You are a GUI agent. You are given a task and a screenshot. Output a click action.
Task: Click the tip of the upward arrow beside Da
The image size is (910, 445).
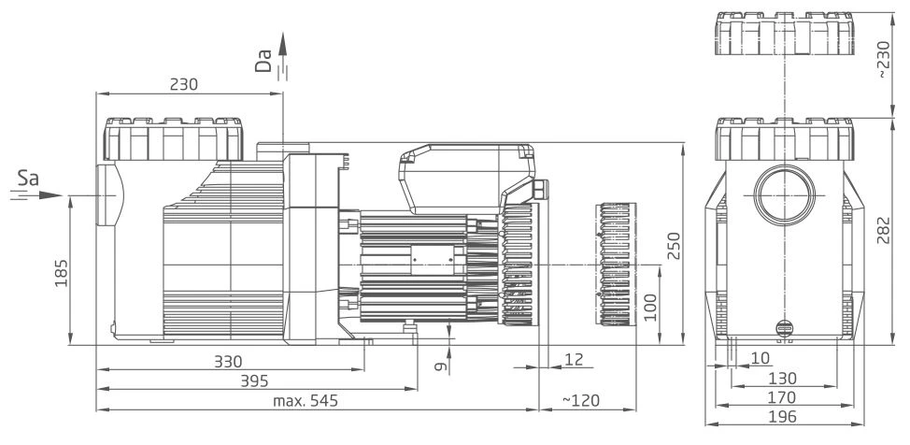click(x=283, y=33)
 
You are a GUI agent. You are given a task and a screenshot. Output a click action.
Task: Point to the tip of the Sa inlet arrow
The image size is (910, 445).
click(x=63, y=195)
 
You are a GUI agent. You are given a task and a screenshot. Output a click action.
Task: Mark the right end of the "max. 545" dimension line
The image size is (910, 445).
click(x=539, y=409)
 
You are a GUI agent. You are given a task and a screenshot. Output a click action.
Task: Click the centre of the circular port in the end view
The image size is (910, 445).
click(x=784, y=194)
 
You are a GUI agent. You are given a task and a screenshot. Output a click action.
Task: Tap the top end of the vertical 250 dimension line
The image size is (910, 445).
click(x=682, y=143)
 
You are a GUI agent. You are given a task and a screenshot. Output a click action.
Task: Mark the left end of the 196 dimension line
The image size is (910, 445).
click(x=705, y=424)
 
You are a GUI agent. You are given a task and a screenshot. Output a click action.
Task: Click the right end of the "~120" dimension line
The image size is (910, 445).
click(x=636, y=409)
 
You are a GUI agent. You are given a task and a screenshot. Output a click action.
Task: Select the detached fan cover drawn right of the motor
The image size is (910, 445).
click(x=617, y=265)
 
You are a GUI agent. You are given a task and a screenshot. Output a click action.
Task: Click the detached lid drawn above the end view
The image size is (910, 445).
click(x=784, y=33)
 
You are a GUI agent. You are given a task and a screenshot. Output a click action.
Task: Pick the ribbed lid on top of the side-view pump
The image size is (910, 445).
click(x=173, y=139)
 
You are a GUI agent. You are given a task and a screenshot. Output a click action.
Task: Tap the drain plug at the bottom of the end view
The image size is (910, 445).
click(x=784, y=328)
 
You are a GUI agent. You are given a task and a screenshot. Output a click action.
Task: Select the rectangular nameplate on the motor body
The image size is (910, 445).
click(x=433, y=260)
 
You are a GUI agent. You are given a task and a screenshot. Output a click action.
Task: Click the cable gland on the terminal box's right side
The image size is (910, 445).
click(x=542, y=189)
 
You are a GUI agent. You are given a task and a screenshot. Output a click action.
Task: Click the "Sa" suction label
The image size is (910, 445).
click(x=28, y=179)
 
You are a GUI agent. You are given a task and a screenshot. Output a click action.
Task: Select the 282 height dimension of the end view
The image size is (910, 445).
click(x=883, y=231)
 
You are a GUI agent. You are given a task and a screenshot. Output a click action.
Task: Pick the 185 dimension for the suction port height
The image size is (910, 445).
click(x=61, y=273)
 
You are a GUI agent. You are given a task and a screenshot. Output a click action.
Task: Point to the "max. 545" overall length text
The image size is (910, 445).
click(x=306, y=401)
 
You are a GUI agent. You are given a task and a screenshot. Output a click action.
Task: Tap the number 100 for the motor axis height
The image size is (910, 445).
click(x=650, y=307)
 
